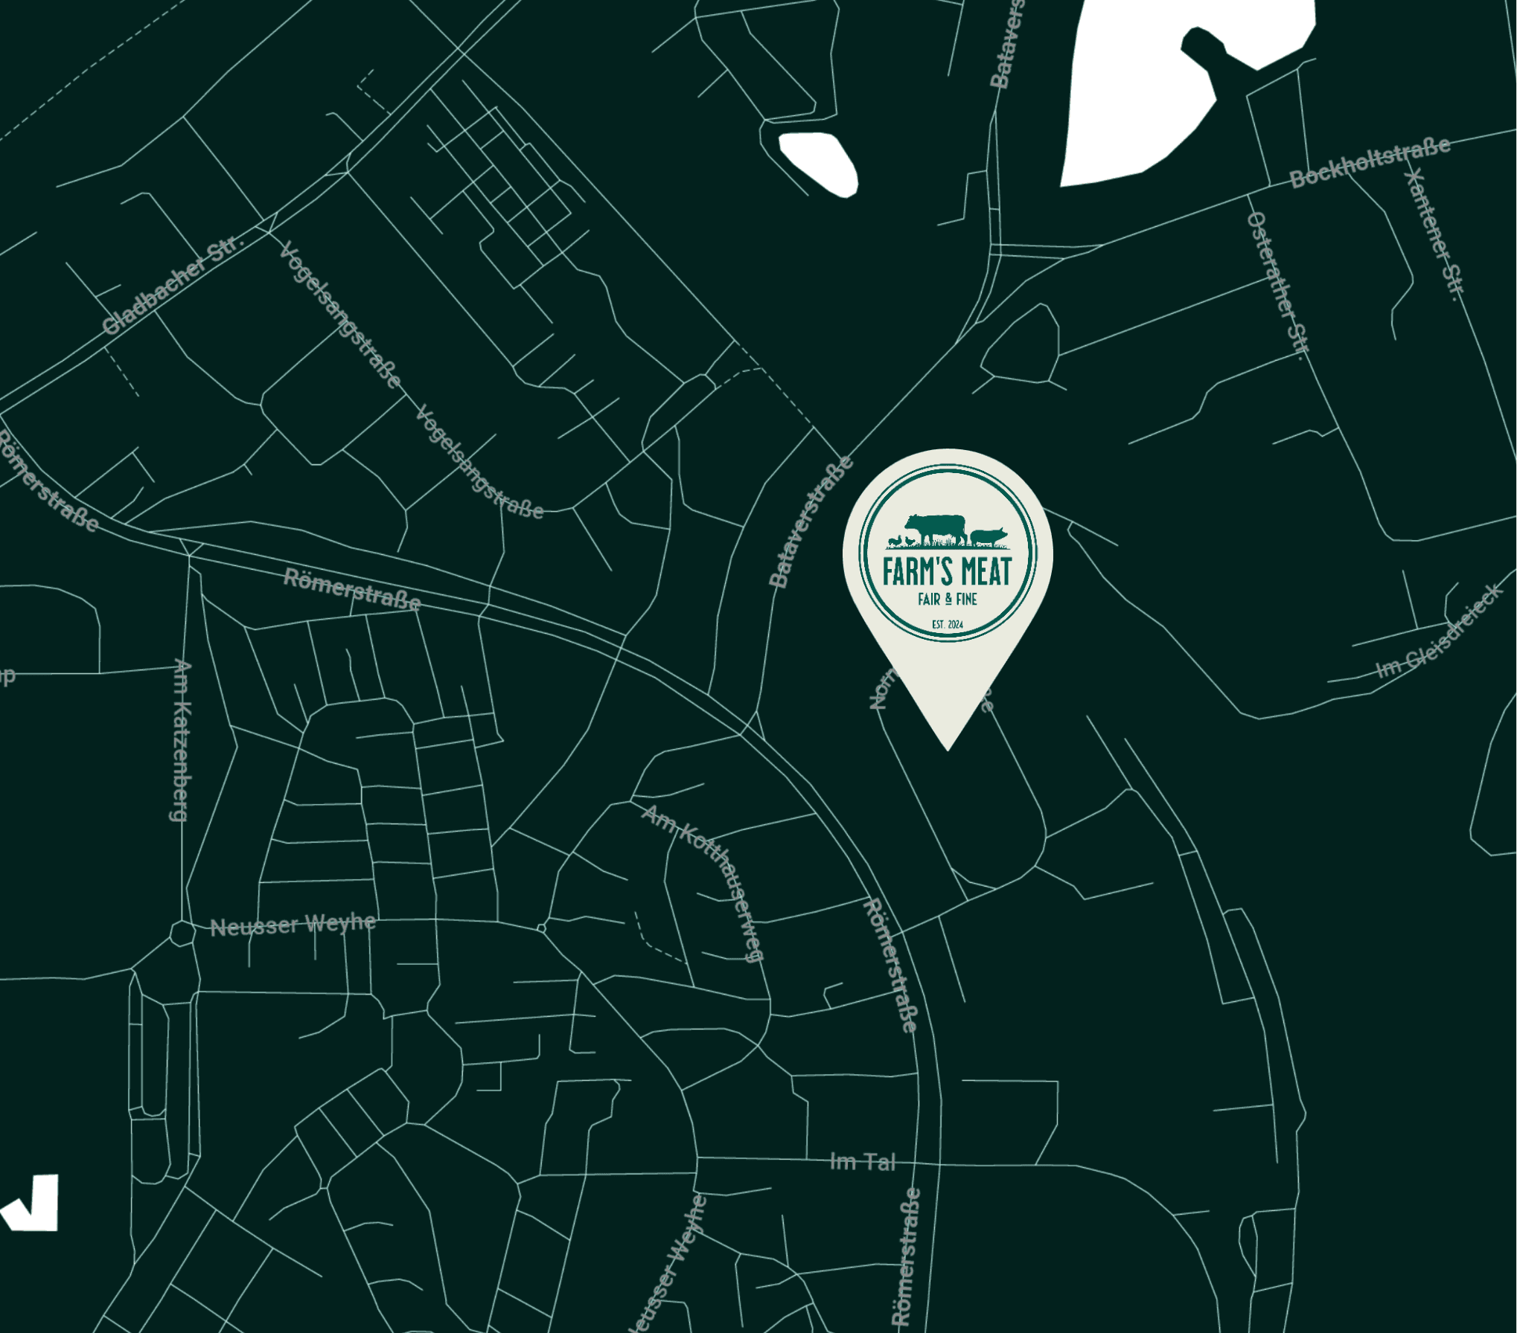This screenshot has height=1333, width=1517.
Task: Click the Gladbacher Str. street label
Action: tap(173, 285)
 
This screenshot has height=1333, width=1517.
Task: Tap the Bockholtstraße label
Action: tap(1370, 162)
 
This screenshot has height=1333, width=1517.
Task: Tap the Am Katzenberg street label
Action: tap(181, 740)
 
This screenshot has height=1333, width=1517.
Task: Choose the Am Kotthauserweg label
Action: tap(703, 882)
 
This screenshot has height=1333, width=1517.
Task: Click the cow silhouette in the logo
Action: tap(936, 527)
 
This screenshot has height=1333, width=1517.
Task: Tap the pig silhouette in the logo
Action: tap(988, 535)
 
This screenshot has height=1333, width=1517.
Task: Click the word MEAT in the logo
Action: tap(986, 571)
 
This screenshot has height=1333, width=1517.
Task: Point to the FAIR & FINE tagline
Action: tap(947, 599)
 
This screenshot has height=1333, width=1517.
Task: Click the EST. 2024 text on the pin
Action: tap(947, 624)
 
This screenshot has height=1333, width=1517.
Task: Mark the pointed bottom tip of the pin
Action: tap(948, 748)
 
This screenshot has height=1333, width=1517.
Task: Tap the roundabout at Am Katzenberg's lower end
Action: tap(182, 933)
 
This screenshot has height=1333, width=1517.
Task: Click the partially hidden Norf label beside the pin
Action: tap(881, 690)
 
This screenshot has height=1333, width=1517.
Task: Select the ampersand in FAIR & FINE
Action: tap(948, 599)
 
